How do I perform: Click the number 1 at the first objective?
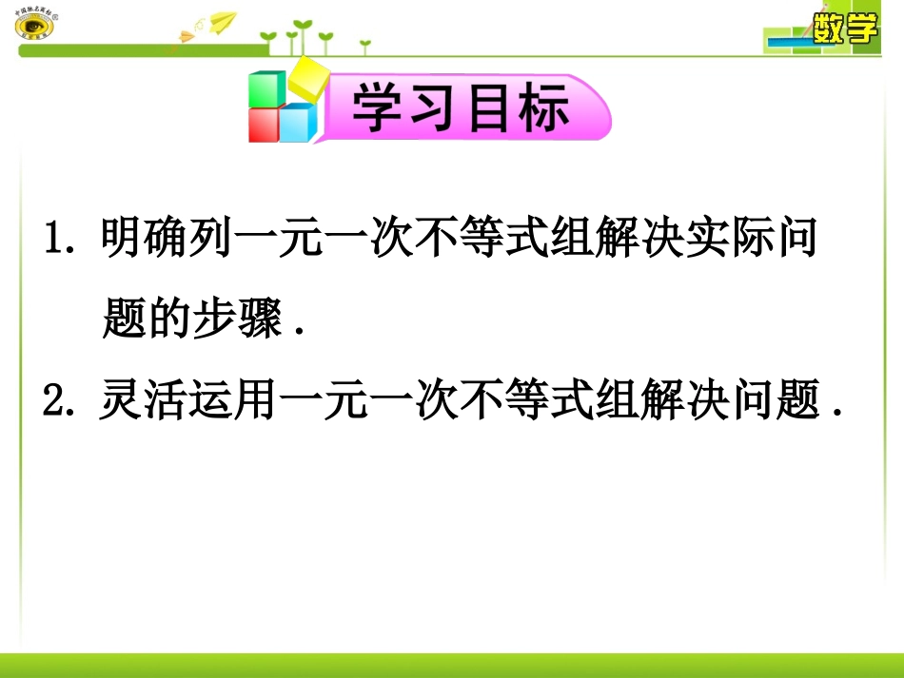pyautogui.click(x=53, y=239)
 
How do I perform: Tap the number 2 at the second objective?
pyautogui.click(x=53, y=402)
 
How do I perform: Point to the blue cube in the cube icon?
pyautogui.click(x=297, y=123)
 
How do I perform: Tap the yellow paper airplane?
pyautogui.click(x=221, y=21)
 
